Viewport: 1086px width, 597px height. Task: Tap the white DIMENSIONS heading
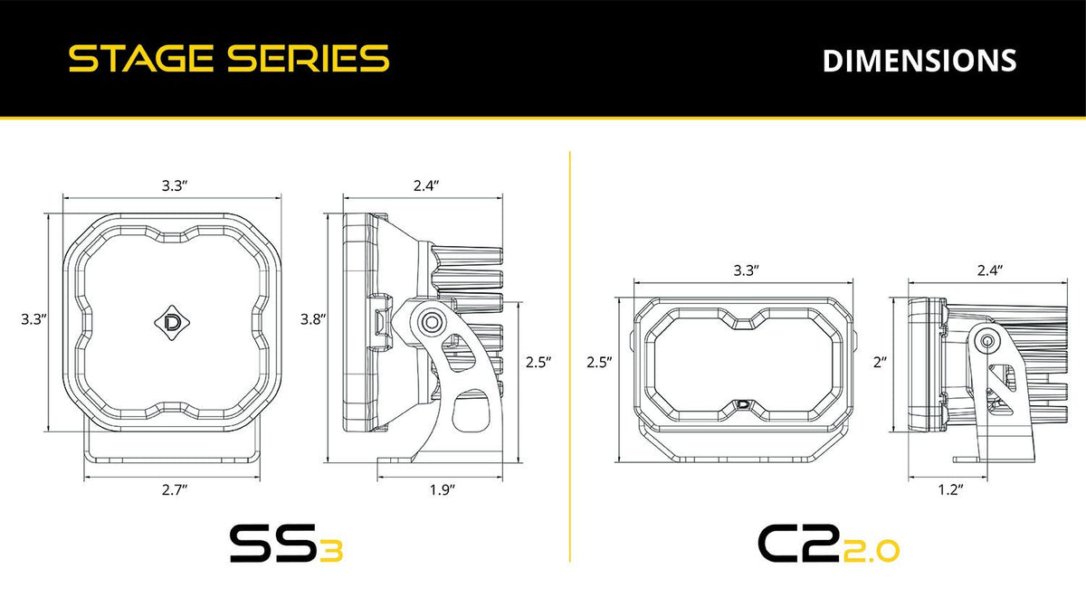[919, 60]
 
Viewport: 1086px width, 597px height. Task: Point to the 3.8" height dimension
[313, 318]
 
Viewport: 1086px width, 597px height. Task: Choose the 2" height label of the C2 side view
[880, 361]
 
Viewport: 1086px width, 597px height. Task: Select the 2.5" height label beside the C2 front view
[599, 361]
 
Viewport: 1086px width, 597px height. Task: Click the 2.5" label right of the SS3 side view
[538, 361]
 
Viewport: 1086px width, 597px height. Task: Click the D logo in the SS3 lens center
[172, 320]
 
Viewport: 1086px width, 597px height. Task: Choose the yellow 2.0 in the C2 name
[871, 549]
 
